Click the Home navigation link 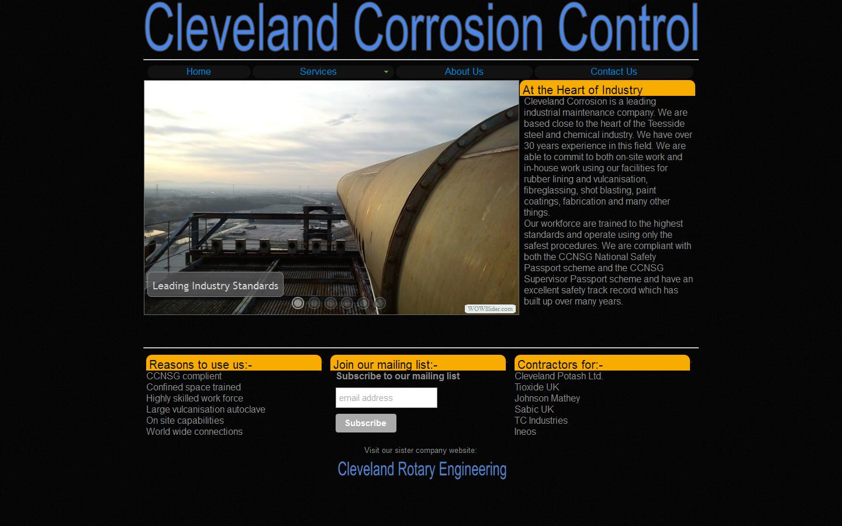(198, 71)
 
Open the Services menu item (318, 71)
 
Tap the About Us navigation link (464, 71)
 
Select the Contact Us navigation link (613, 71)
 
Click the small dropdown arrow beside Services (386, 72)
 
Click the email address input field (386, 398)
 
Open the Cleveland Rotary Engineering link (422, 469)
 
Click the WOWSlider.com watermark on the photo (490, 309)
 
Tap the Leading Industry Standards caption (215, 285)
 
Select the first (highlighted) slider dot (298, 303)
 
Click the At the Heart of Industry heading (582, 89)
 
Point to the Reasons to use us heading (201, 365)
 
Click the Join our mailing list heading (385, 365)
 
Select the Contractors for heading (560, 365)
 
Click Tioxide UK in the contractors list (537, 387)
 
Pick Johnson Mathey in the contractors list (547, 398)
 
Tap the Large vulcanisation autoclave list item (206, 409)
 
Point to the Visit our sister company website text (420, 450)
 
